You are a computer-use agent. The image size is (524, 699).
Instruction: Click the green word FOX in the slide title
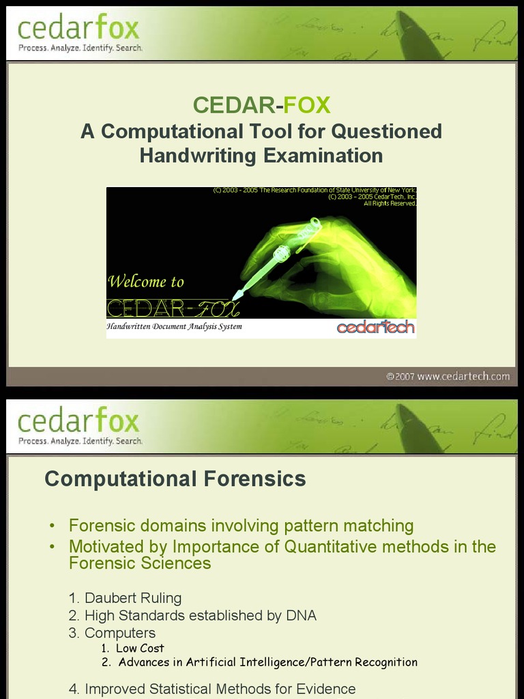307,105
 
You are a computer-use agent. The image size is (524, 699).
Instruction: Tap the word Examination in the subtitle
323,156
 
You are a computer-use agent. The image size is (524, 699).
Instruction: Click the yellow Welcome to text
146,281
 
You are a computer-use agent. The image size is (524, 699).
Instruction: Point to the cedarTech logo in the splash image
375,328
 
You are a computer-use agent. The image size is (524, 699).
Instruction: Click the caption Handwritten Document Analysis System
174,327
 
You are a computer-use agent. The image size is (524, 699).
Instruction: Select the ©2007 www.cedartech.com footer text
448,376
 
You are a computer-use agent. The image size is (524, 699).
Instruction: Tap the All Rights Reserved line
390,203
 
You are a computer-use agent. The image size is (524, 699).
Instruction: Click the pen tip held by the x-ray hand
236,296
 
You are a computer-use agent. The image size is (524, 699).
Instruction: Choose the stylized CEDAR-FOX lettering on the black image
173,309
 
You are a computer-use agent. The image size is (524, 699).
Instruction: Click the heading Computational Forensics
175,479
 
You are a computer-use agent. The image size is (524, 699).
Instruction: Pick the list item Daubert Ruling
132,598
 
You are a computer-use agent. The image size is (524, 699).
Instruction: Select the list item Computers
119,633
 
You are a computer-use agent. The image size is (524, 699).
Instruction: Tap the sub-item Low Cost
140,648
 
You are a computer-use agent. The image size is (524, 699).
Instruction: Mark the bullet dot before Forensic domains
53,527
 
